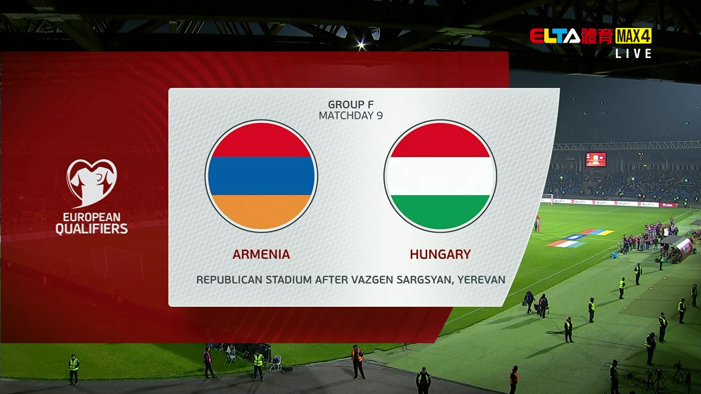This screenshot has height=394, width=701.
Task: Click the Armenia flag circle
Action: tap(261, 176)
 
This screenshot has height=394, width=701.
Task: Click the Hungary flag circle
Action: tap(440, 176)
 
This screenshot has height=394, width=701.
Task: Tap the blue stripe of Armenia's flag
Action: tap(261, 176)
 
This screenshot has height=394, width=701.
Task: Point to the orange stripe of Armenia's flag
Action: tap(261, 212)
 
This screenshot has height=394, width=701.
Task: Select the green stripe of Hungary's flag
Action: tap(440, 212)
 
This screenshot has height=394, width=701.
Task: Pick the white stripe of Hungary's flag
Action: tap(440, 176)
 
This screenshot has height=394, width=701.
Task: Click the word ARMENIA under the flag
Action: tap(261, 254)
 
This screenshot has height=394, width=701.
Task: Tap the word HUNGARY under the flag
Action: tap(440, 254)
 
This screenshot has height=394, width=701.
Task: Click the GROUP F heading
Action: tap(351, 105)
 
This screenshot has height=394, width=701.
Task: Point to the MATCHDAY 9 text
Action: tap(351, 116)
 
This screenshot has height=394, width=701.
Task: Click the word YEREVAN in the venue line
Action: tap(482, 280)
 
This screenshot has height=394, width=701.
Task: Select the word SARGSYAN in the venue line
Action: tap(425, 280)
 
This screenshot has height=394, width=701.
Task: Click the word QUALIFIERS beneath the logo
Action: tap(92, 229)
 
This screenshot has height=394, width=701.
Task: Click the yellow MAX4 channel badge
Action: tap(633, 36)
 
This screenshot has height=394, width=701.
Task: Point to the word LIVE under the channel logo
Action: tap(633, 54)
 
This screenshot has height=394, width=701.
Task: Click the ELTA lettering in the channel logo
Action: tap(555, 36)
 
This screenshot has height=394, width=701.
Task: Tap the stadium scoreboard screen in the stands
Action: tap(596, 159)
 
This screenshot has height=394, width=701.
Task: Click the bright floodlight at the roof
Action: tap(361, 46)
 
